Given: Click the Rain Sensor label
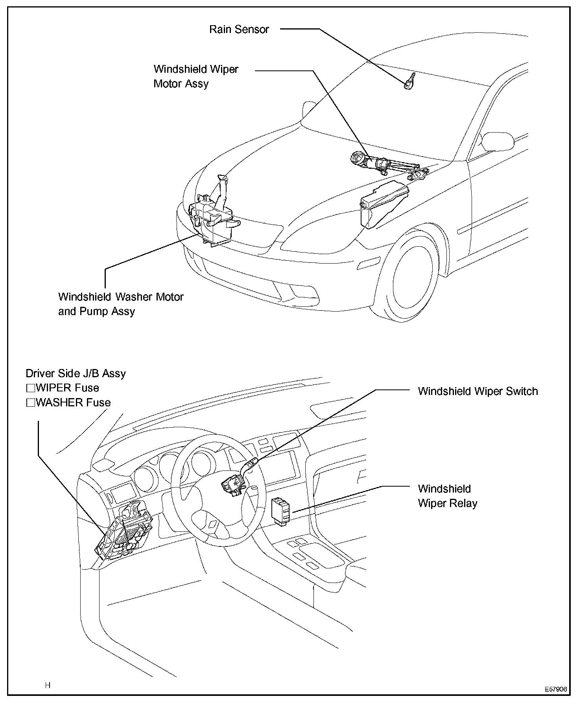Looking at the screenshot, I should tap(239, 30).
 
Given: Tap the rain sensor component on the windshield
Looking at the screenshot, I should tap(409, 82).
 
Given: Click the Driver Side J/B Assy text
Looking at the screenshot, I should tap(76, 373).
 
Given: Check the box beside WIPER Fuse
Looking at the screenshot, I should tap(30, 388).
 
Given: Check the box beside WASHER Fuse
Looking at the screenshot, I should tap(30, 403).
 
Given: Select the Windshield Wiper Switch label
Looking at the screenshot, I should tap(478, 391).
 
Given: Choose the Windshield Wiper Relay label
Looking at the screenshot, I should tap(447, 496).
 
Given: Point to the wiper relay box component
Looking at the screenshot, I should tap(281, 511).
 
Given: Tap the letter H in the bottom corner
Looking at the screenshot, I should tap(48, 685).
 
